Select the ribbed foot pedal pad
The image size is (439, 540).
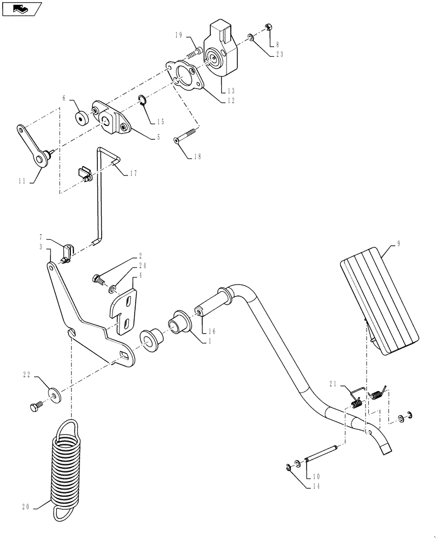(380, 302)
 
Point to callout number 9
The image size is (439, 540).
(398, 244)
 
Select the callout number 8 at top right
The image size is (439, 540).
(277, 44)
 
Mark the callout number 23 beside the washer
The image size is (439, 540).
(279, 54)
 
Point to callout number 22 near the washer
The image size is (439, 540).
(25, 374)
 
